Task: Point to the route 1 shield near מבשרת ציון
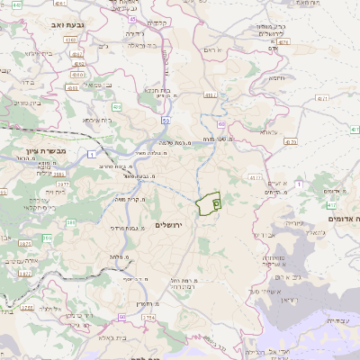[93, 155]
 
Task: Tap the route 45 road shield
[132, 18]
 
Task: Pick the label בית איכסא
[97, 119]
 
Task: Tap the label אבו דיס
[267, 236]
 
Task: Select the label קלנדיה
[157, 22]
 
